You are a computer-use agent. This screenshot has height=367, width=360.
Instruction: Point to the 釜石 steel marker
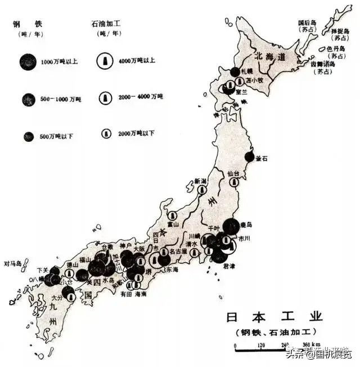[x=249, y=158]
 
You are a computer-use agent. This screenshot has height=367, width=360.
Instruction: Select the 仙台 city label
[x=233, y=173]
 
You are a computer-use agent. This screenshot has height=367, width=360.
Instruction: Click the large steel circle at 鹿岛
[x=230, y=227]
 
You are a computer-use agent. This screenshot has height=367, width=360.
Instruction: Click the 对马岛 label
[x=12, y=263]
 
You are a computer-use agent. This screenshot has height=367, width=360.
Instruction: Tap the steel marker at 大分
[x=69, y=292]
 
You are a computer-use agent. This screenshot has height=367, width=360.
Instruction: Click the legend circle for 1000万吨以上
[x=28, y=60]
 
